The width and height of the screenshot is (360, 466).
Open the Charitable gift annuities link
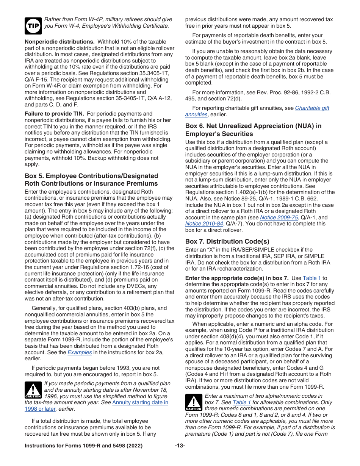[257, 111]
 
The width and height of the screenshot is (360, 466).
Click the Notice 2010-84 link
[199, 224]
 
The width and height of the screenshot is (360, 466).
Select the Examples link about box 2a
[80, 352]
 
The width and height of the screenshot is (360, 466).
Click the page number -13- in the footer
[180, 446]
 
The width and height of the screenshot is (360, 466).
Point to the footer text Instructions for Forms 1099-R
[83, 446]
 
